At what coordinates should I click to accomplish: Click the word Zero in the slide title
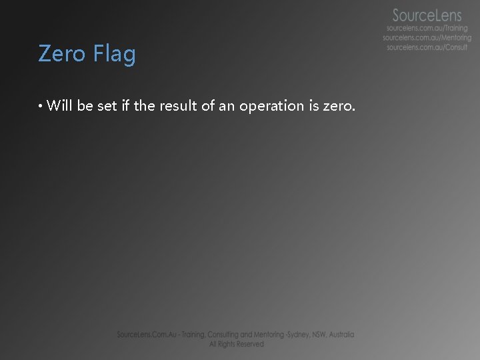tap(61, 53)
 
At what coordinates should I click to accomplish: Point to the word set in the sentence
tap(107, 105)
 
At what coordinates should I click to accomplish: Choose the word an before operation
tap(227, 106)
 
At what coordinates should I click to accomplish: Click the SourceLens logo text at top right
tap(427, 15)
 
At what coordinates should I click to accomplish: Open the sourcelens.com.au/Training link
tap(427, 29)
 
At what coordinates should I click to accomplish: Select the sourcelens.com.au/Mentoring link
tap(427, 38)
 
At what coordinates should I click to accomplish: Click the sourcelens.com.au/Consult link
tap(427, 47)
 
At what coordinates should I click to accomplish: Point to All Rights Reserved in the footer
tap(236, 344)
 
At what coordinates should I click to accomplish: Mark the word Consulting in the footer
tap(225, 335)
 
